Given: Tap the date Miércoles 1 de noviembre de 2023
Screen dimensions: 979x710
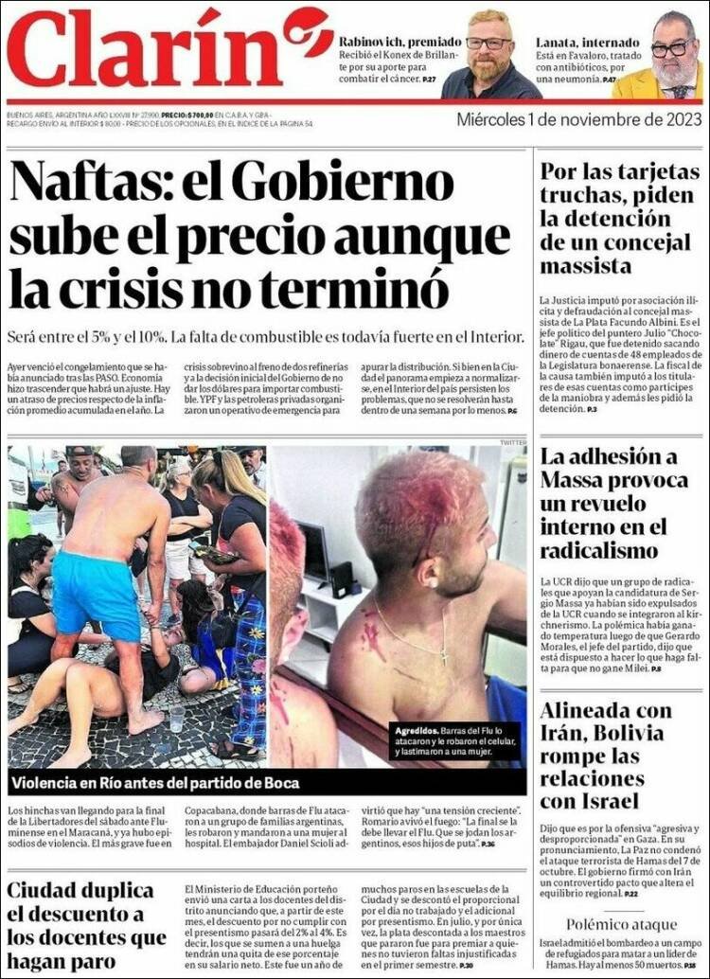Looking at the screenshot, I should click(579, 120).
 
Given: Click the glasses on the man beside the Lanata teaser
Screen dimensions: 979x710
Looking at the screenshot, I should click(673, 48).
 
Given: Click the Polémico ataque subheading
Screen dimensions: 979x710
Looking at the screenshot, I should click(621, 923).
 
